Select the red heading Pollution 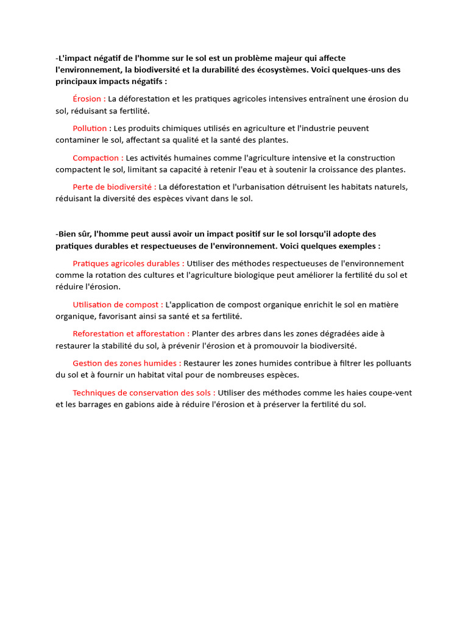click(90, 128)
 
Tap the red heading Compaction click(97, 158)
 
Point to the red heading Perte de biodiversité click(114, 186)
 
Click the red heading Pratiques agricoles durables click(128, 263)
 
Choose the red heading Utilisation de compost click(117, 304)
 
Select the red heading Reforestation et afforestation click(130, 333)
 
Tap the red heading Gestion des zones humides click(126, 363)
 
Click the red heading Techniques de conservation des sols click(143, 392)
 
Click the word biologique click(255, 275)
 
